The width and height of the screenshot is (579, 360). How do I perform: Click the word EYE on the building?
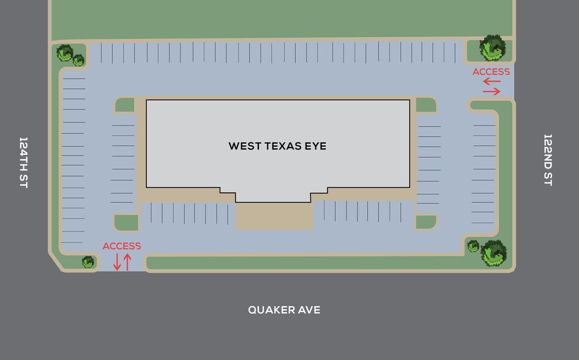pyautogui.click(x=313, y=146)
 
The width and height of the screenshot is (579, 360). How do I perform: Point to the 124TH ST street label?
pyautogui.click(x=23, y=162)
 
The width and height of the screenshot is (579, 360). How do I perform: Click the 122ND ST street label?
pyautogui.click(x=548, y=160)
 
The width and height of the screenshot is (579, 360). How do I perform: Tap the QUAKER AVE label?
pyautogui.click(x=284, y=310)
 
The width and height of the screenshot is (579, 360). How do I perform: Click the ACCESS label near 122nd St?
pyautogui.click(x=491, y=72)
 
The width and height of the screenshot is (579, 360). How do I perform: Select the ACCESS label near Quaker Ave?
pyautogui.click(x=122, y=246)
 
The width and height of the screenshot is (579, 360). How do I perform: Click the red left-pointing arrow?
pyautogui.click(x=491, y=81)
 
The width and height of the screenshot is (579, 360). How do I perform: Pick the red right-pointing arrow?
pyautogui.click(x=491, y=92)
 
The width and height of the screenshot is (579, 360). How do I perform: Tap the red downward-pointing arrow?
pyautogui.click(x=117, y=262)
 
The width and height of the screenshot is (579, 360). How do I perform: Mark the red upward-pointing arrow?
pyautogui.click(x=127, y=262)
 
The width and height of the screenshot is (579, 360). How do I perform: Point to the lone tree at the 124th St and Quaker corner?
pyautogui.click(x=88, y=262)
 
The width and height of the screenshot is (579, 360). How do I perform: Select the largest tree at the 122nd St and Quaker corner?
pyautogui.click(x=493, y=253)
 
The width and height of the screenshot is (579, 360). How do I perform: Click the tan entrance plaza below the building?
pyautogui.click(x=274, y=216)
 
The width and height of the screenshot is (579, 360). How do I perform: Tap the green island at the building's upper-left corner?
pyautogui.click(x=125, y=105)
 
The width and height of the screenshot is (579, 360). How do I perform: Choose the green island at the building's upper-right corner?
pyautogui.click(x=426, y=105)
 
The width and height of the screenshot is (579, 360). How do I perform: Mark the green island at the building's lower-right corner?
pyautogui.click(x=426, y=222)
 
